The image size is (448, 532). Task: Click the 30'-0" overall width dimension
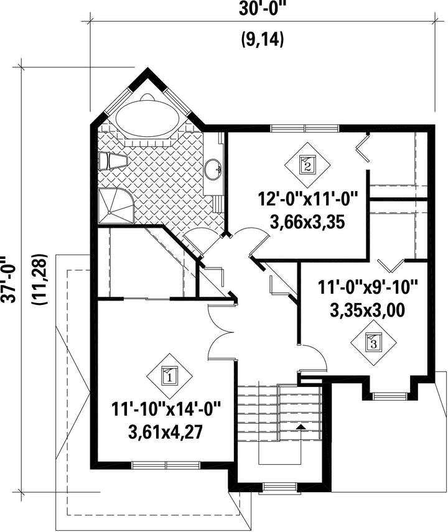(x=261, y=9)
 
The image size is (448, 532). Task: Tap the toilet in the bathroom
(x=113, y=161)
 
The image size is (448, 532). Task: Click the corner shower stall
(x=115, y=207)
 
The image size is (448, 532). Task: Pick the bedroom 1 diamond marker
(x=169, y=376)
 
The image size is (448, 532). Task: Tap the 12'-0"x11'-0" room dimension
(x=307, y=199)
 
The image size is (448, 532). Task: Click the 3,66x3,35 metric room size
(x=307, y=222)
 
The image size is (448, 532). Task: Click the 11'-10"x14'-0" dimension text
(x=166, y=409)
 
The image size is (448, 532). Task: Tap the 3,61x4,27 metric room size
(x=166, y=432)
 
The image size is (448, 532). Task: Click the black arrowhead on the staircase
(x=301, y=426)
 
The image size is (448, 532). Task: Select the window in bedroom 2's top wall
(x=305, y=128)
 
